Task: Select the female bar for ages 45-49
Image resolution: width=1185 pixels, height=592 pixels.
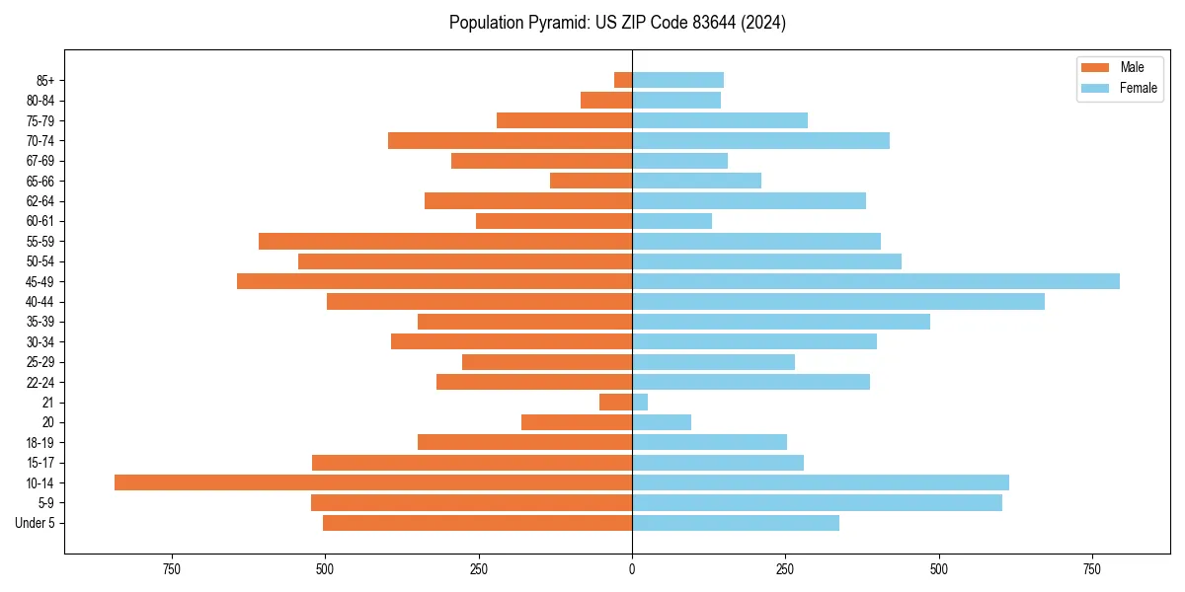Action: coord(875,281)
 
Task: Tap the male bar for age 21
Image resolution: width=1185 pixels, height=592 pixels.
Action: coord(615,402)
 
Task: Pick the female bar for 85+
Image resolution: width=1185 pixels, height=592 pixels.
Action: coord(677,80)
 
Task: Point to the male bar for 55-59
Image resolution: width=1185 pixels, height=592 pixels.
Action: coord(445,241)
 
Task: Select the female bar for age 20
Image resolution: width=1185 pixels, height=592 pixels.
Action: coord(661,422)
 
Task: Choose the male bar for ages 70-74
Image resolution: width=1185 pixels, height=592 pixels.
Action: coord(510,140)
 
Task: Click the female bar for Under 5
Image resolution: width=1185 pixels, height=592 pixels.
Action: coord(735,523)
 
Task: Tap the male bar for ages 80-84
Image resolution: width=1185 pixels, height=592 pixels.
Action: coord(606,100)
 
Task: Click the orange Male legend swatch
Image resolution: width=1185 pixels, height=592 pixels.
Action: coord(1095,67)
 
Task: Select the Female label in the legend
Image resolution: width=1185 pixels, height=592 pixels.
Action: coord(1139,88)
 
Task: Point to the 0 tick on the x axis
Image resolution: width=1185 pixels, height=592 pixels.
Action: coord(632,569)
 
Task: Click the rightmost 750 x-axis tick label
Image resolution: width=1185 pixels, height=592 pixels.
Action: coord(1091,569)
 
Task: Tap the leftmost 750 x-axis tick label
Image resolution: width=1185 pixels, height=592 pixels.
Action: coord(172,569)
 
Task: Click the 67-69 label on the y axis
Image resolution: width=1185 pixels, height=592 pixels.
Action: coord(40,161)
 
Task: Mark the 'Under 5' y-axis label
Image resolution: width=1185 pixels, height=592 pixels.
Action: coord(35,523)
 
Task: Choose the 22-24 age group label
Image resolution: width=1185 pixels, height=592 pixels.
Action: coord(40,382)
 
